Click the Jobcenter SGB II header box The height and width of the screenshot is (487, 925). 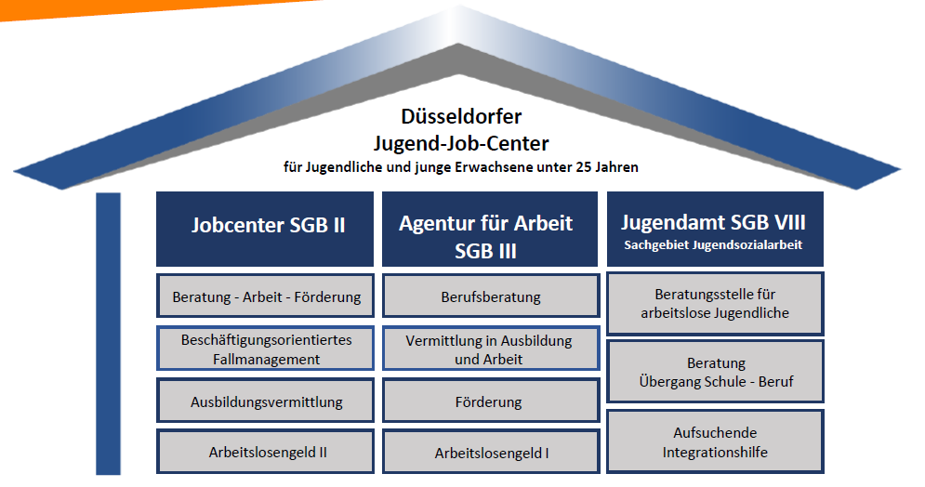pyautogui.click(x=265, y=229)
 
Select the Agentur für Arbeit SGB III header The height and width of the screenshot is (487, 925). pyautogui.click(x=490, y=229)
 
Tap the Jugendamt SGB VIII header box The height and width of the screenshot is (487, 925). pyautogui.click(x=715, y=229)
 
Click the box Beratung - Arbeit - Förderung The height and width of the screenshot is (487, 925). pyautogui.click(x=266, y=296)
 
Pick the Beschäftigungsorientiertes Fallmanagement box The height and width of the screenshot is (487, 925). pyautogui.click(x=266, y=349)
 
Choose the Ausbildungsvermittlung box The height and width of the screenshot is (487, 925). pyautogui.click(x=266, y=401)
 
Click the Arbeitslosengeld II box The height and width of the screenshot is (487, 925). pyautogui.click(x=266, y=452)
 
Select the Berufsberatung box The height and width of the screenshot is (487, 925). pyautogui.click(x=491, y=296)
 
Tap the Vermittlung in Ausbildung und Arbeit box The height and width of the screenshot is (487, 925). pyautogui.click(x=491, y=349)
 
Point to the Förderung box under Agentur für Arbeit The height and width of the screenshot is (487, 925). pyautogui.click(x=491, y=401)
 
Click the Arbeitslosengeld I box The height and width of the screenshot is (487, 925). pyautogui.click(x=491, y=452)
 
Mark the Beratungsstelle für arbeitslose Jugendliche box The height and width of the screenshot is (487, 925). pyautogui.click(x=715, y=304)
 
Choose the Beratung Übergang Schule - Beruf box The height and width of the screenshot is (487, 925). pyautogui.click(x=715, y=372)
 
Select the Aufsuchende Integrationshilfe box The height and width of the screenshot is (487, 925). pyautogui.click(x=715, y=441)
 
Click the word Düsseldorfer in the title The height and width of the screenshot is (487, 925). pyautogui.click(x=461, y=116)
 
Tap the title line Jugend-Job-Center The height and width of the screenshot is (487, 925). pyautogui.click(x=461, y=143)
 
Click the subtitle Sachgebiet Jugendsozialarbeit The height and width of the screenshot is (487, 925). pyautogui.click(x=713, y=244)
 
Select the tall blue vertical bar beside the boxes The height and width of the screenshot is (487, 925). pyautogui.click(x=108, y=334)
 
